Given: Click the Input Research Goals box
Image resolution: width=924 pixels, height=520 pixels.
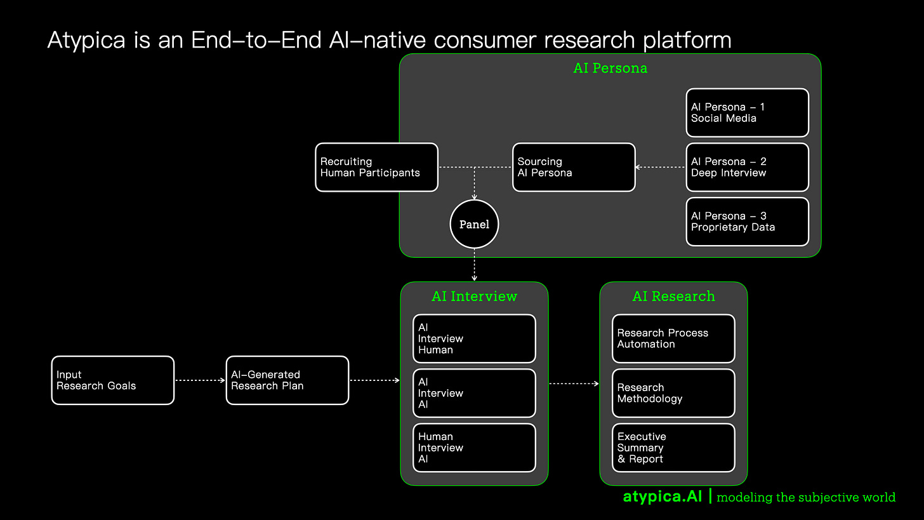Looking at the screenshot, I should click(113, 380).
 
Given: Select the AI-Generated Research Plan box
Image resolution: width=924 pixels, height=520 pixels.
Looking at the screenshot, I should click(287, 380).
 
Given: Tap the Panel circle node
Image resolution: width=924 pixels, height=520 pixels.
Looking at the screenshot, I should click(474, 225).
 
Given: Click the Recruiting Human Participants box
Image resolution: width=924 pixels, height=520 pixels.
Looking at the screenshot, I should click(376, 168).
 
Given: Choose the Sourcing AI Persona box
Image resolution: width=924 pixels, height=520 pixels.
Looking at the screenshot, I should click(574, 168).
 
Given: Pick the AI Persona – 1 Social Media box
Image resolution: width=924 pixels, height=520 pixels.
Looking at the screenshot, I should click(747, 113).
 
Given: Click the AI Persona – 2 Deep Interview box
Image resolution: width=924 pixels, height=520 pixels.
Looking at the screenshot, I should click(747, 168).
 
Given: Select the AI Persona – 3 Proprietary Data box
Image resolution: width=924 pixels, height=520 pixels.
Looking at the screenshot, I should click(747, 222).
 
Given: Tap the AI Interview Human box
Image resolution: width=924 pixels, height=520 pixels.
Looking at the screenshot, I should click(474, 339).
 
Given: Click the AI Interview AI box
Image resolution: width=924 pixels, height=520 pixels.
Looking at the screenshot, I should click(474, 394).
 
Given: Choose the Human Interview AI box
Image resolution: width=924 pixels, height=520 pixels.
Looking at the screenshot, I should click(474, 448).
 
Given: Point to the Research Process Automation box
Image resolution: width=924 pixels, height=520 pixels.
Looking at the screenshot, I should click(673, 339).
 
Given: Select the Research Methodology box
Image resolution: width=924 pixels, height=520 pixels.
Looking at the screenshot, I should click(673, 394).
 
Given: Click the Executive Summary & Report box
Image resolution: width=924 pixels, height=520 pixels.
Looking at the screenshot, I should click(673, 448).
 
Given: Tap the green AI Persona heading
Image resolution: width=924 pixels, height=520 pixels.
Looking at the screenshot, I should click(610, 69).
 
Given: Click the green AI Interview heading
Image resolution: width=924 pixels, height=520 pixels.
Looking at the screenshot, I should click(474, 297).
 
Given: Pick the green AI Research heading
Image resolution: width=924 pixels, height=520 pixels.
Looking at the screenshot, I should click(673, 297).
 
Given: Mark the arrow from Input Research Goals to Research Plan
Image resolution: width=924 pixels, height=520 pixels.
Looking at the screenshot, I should click(200, 380).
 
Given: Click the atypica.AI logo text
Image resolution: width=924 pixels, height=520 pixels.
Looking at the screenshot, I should click(663, 497).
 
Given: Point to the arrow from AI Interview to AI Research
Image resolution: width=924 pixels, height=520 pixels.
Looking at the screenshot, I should click(574, 383).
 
